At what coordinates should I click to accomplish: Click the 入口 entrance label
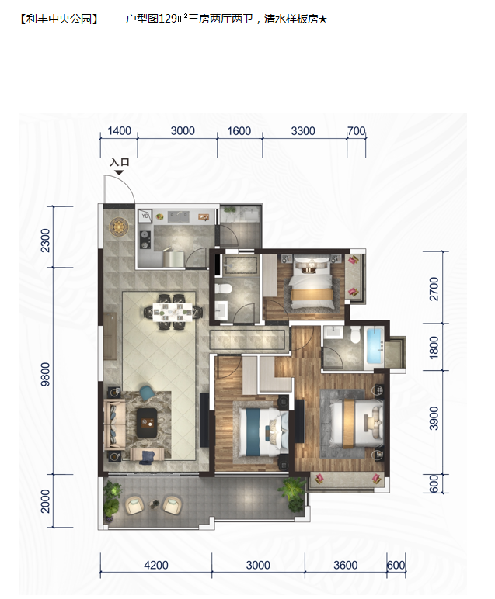[x=120, y=162]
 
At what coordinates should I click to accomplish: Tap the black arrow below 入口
[x=120, y=173]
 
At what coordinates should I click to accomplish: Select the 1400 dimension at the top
[x=120, y=131]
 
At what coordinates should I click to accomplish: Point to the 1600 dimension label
[x=239, y=131]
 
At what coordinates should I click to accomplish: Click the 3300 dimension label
[x=303, y=131]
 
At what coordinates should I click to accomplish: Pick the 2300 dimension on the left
[x=46, y=241]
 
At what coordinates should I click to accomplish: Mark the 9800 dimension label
[x=46, y=374]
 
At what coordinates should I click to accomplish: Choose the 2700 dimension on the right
[x=434, y=289]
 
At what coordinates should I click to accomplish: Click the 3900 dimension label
[x=434, y=418]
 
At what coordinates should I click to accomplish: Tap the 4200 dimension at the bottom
[x=156, y=565]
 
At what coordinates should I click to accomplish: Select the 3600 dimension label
[x=346, y=565]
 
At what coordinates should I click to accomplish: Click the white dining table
[x=173, y=311]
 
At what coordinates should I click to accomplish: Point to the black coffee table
[x=147, y=423]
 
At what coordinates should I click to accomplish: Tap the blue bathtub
[x=375, y=345]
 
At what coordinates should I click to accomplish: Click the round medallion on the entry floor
[x=118, y=227]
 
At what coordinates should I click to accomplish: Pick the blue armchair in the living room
[x=147, y=393]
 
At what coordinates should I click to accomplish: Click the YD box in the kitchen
[x=145, y=216]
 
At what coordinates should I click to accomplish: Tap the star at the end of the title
[x=322, y=19]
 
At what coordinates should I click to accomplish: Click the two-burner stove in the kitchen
[x=145, y=241]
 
